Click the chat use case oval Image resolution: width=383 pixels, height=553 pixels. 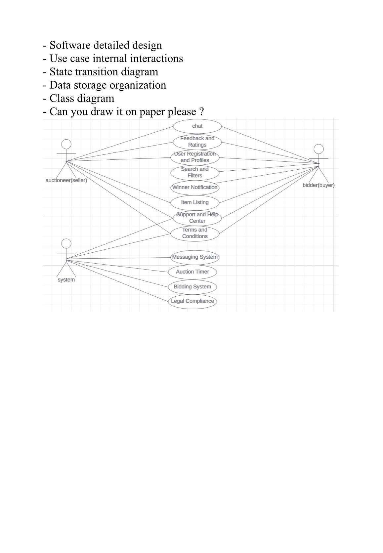tap(197, 126)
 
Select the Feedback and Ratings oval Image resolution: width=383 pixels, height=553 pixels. tap(197, 142)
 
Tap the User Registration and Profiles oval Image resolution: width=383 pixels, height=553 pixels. tap(195, 157)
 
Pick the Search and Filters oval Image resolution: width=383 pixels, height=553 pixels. tap(195, 172)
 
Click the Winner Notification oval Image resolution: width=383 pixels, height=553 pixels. tap(195, 187)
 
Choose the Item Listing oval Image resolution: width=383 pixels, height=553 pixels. tap(195, 202)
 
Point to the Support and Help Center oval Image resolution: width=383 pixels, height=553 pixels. tap(197, 218)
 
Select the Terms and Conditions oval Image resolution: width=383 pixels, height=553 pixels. tap(195, 233)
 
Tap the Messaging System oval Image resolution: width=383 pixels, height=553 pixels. tap(195, 257)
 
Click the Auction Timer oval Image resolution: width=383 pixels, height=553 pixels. tap(192, 272)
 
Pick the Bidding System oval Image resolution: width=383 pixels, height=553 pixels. tap(192, 287)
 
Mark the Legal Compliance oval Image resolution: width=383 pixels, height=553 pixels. tap(192, 301)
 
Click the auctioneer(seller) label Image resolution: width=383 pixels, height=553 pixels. tap(66, 181)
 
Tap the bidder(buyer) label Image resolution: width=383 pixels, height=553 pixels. tap(319, 185)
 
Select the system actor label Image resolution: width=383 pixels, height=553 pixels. tap(66, 280)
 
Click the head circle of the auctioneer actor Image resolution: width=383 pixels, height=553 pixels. tap(66, 144)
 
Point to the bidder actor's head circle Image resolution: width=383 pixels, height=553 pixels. tap(319, 149)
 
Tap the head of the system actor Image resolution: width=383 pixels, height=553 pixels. tap(66, 244)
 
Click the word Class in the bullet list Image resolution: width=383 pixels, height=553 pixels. tap(62, 98)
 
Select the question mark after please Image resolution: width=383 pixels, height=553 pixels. tap(201, 112)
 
